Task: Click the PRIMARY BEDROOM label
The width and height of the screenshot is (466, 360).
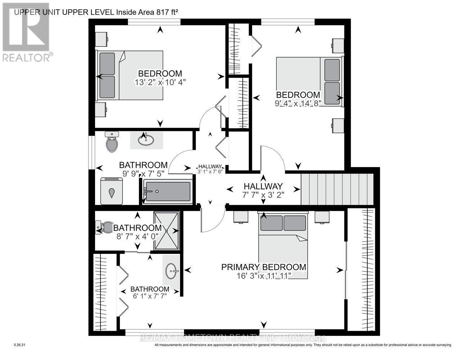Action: [263, 267]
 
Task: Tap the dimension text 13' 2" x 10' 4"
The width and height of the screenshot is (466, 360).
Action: [160, 82]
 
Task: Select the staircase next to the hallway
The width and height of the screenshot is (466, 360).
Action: [336, 189]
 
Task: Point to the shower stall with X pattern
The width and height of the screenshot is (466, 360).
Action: [166, 230]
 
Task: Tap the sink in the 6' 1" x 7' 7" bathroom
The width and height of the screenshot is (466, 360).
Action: [171, 270]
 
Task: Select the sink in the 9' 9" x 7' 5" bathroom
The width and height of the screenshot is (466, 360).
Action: [145, 140]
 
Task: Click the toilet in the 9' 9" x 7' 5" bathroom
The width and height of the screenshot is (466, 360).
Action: [112, 141]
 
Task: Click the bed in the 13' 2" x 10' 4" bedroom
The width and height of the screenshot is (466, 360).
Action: [130, 75]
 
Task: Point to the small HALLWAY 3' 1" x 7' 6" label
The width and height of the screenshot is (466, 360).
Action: [211, 168]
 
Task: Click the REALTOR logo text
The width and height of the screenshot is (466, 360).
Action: [27, 57]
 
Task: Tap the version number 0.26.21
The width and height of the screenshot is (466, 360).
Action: [19, 345]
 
